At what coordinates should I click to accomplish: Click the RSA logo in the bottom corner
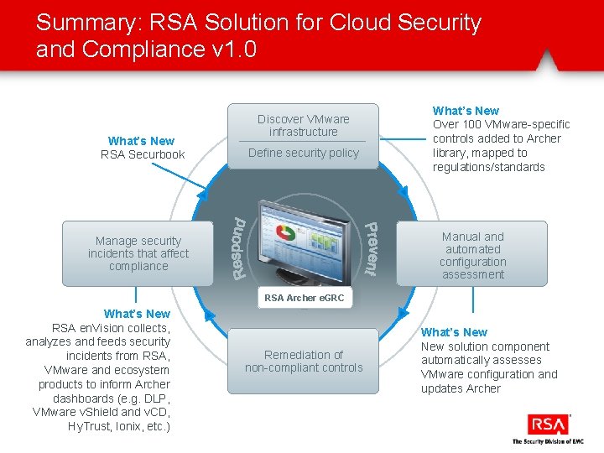pos(548,424)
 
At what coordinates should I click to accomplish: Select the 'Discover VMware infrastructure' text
pos(303,125)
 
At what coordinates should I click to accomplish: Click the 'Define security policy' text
pos(303,153)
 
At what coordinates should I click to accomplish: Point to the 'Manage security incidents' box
pos(138,253)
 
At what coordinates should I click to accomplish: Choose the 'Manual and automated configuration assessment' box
pos(473,255)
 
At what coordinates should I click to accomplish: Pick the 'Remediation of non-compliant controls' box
pos(303,361)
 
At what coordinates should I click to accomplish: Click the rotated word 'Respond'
pos(240,248)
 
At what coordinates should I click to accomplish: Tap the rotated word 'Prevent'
pos(370,249)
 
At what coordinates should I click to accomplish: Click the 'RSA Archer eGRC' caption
pos(304,298)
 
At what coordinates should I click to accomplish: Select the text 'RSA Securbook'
pos(143,154)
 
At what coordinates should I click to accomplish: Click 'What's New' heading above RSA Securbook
pos(141,141)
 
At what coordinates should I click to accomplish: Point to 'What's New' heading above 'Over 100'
pos(466,111)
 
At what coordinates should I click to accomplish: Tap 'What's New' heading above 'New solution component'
pos(454,332)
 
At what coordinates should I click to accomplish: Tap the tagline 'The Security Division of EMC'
pos(547,441)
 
